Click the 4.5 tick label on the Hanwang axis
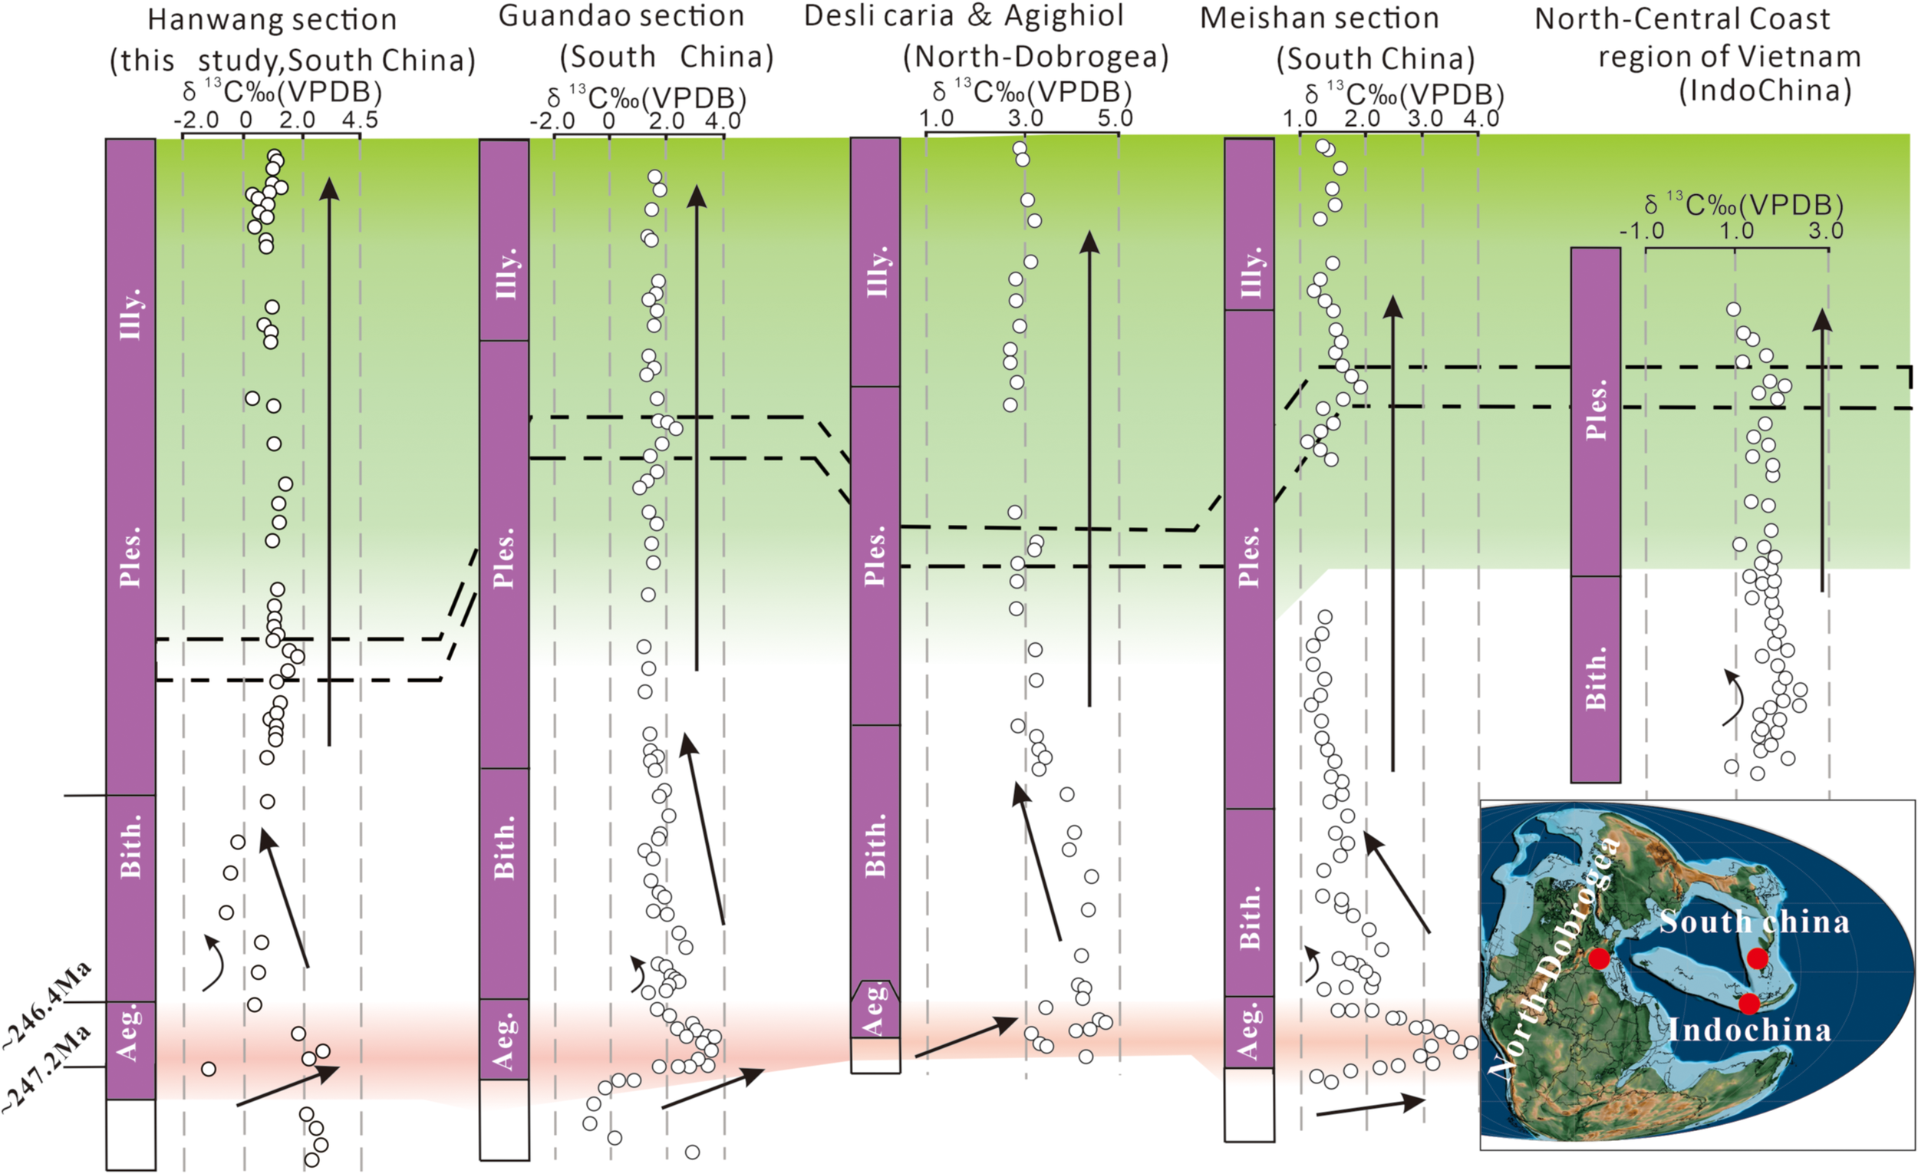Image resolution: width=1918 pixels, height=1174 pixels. click(361, 120)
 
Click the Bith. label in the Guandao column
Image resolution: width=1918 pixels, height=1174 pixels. click(504, 847)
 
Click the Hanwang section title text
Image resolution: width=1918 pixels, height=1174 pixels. click(272, 20)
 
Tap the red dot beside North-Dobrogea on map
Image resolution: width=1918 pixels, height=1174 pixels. click(1598, 958)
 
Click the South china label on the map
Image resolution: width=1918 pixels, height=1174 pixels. click(1755, 922)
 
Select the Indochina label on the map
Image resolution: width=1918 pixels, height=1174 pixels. click(1750, 1030)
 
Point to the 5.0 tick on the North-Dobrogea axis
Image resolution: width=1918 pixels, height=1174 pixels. click(1116, 118)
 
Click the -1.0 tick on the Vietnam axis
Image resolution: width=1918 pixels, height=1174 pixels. click(1642, 231)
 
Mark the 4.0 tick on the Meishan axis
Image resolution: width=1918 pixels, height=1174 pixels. click(1481, 118)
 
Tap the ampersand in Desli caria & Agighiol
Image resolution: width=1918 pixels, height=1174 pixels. click(979, 15)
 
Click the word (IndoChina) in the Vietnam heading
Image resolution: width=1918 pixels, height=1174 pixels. click(1765, 91)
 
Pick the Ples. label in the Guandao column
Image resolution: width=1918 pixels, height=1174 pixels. click(504, 557)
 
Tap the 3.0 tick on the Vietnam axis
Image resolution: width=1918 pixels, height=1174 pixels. click(1825, 231)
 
